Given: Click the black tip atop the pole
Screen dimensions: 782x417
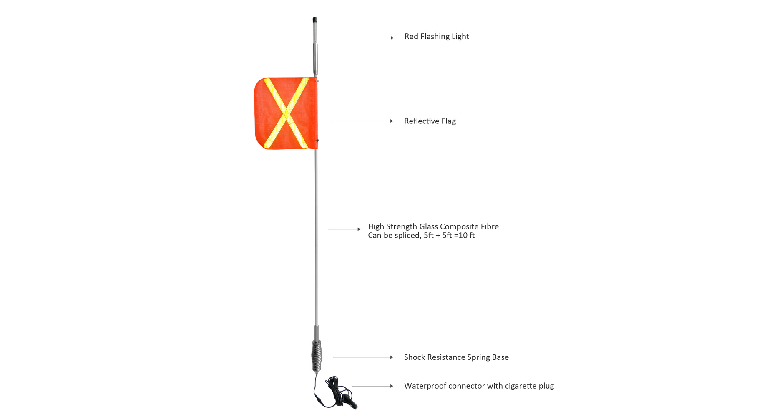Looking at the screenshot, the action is [315, 20].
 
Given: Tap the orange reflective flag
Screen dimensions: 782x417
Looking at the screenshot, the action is [286, 113].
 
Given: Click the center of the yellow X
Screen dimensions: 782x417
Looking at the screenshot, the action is [286, 113].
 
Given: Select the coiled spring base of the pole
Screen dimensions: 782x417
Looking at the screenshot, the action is [317, 356].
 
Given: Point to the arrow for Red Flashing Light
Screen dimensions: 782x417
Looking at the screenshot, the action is [364, 38].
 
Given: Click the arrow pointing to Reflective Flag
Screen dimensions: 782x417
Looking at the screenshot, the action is [363, 121].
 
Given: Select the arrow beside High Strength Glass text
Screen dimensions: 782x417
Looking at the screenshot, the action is [344, 229].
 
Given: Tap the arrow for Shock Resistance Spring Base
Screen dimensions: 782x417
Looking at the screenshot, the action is [363, 357].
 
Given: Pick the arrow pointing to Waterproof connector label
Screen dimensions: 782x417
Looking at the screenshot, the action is [373, 386].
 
